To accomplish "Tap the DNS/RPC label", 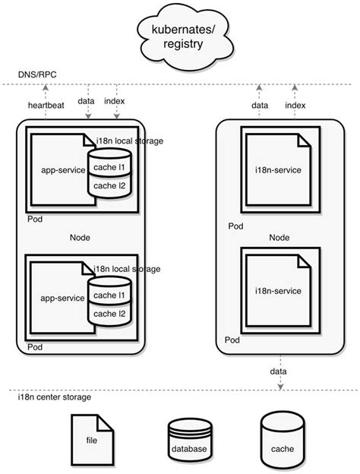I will click(36, 74).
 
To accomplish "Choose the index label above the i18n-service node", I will click(295, 105).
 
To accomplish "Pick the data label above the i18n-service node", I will click(261, 105).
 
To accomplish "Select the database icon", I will click(188, 441).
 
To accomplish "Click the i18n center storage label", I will click(55, 397).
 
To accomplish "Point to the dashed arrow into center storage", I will click(282, 372).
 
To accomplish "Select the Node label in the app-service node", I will click(80, 238).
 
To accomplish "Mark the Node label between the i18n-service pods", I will click(279, 238).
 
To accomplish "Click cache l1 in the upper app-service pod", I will click(109, 168).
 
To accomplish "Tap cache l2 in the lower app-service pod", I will click(109, 314).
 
